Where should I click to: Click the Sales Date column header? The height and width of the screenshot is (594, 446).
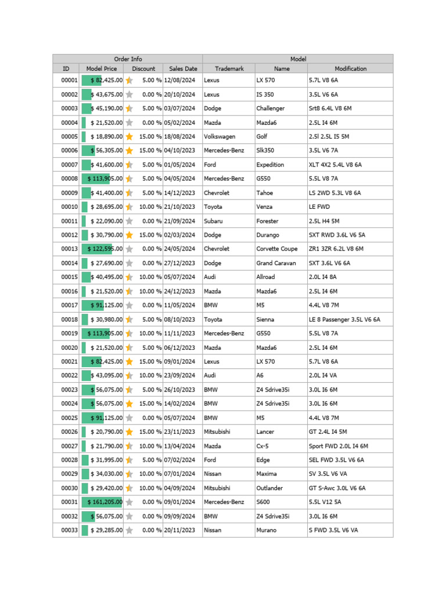pos(182,68)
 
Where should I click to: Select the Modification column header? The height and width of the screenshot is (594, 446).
pos(350,68)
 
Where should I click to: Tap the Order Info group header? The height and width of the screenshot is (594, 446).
pos(128,59)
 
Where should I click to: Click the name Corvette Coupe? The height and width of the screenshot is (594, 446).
pos(276,249)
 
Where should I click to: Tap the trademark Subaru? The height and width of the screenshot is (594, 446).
pos(214,221)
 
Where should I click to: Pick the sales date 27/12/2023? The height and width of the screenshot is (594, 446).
pos(180,263)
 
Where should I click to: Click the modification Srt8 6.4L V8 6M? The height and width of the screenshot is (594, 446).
pos(330,108)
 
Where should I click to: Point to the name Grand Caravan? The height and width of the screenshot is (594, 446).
pos(276,263)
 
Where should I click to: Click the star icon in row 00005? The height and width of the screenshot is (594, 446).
pos(129,137)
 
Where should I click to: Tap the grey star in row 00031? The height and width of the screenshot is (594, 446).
pos(129,502)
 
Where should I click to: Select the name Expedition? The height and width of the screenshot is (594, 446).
pos(270,165)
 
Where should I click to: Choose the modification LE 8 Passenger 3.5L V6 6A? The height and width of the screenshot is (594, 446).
pos(345,320)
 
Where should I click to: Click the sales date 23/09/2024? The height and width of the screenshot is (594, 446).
pos(180,376)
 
